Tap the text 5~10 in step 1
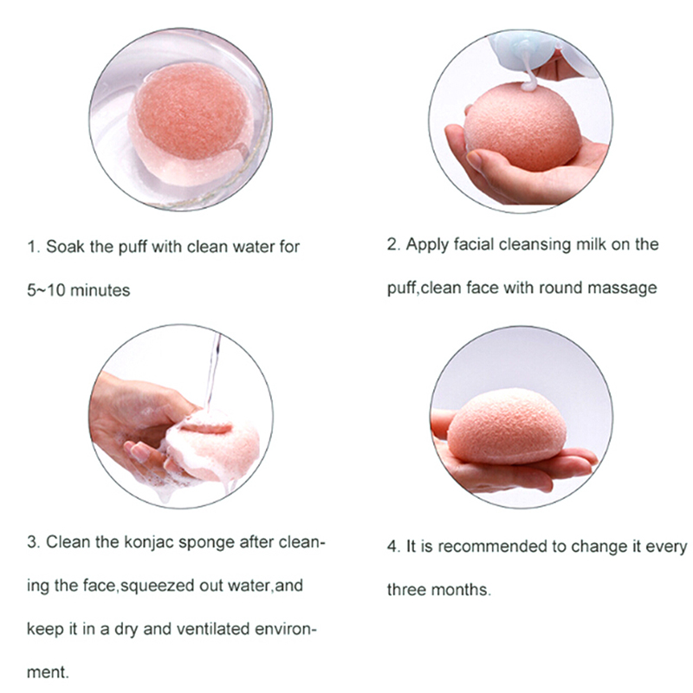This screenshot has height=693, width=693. pyautogui.click(x=46, y=290)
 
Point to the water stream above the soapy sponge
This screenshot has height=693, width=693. pyautogui.click(x=212, y=372)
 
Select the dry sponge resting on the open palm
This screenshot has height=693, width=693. pyautogui.click(x=507, y=427)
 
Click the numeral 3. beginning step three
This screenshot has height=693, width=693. pyautogui.click(x=34, y=542)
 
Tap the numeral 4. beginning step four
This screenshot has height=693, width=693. pyautogui.click(x=394, y=547)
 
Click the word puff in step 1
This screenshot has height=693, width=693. pyautogui.click(x=133, y=248)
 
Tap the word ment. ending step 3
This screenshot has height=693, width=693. pyautogui.click(x=48, y=672)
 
